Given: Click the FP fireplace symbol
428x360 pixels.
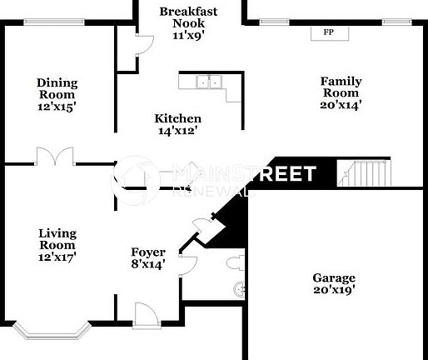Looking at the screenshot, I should tap(329, 32).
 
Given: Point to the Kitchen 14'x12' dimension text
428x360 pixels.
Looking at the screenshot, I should tap(177, 130).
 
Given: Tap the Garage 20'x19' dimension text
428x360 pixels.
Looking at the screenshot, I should tap(333, 290).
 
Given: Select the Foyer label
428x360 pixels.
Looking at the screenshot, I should tap(148, 252).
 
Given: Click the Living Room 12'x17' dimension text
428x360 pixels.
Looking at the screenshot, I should tap(57, 257).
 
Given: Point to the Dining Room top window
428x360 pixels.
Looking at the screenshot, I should tap(52, 22).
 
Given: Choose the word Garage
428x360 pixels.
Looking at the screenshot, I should tap(333, 278).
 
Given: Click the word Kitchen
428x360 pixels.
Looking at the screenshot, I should tap(177, 118).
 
